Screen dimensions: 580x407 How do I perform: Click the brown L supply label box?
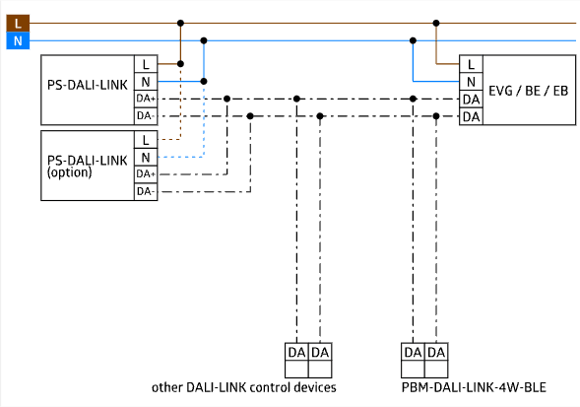(x=18, y=24)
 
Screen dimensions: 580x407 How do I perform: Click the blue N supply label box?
(x=18, y=40)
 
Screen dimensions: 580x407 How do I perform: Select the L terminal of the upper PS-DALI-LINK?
(x=146, y=64)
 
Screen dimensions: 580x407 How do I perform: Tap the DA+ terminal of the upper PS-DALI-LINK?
(x=146, y=99)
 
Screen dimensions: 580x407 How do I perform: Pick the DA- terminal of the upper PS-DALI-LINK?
(x=146, y=116)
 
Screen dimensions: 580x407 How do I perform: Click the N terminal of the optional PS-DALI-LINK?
(x=146, y=158)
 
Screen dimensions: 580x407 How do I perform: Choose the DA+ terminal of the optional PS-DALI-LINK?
(x=146, y=174)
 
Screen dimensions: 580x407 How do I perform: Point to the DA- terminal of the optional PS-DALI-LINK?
(x=146, y=192)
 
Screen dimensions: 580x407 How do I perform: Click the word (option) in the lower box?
(x=70, y=172)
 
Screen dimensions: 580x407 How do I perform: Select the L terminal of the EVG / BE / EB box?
(x=471, y=64)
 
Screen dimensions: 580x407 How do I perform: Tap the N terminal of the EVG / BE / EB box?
(x=471, y=82)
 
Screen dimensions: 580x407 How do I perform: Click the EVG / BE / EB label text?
(x=528, y=91)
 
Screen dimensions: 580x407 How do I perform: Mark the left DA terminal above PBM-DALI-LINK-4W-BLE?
(x=413, y=352)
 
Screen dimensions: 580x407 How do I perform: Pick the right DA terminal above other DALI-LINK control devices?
(x=320, y=352)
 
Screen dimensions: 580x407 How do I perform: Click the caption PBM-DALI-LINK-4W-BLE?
(x=474, y=387)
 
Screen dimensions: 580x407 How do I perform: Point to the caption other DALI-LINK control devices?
(x=244, y=387)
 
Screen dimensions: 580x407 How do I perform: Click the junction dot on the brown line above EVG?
(x=436, y=23)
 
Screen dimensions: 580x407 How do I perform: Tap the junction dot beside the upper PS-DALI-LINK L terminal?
(x=180, y=64)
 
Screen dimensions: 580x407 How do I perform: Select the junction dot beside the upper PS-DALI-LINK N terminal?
(x=204, y=81)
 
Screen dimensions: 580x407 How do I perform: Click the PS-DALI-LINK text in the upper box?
(x=88, y=85)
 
